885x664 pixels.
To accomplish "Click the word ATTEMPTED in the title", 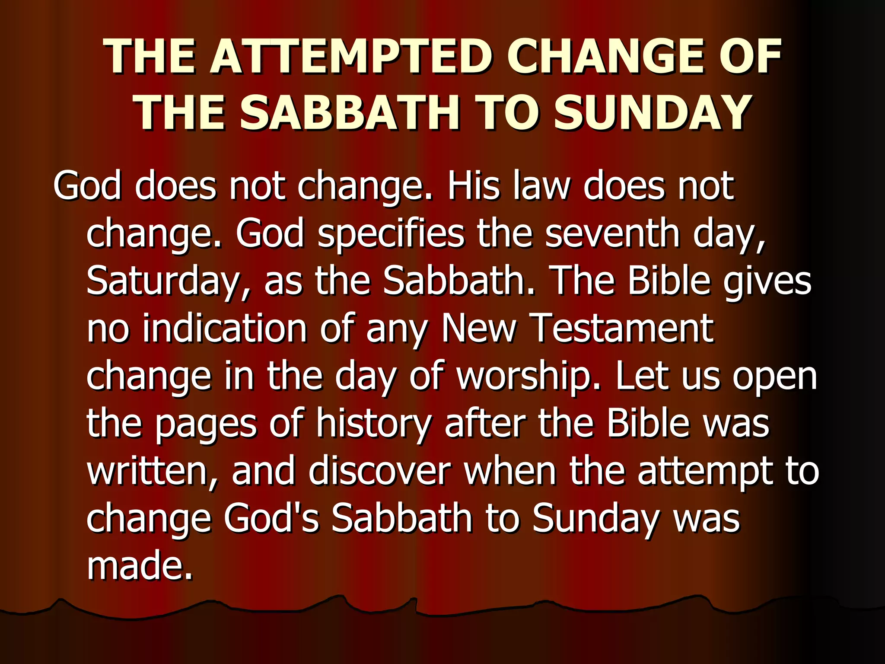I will [x=350, y=57].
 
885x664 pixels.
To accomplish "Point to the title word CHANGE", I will [x=605, y=57].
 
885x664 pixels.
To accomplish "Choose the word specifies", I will [x=391, y=233].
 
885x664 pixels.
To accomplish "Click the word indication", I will [x=225, y=329].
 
